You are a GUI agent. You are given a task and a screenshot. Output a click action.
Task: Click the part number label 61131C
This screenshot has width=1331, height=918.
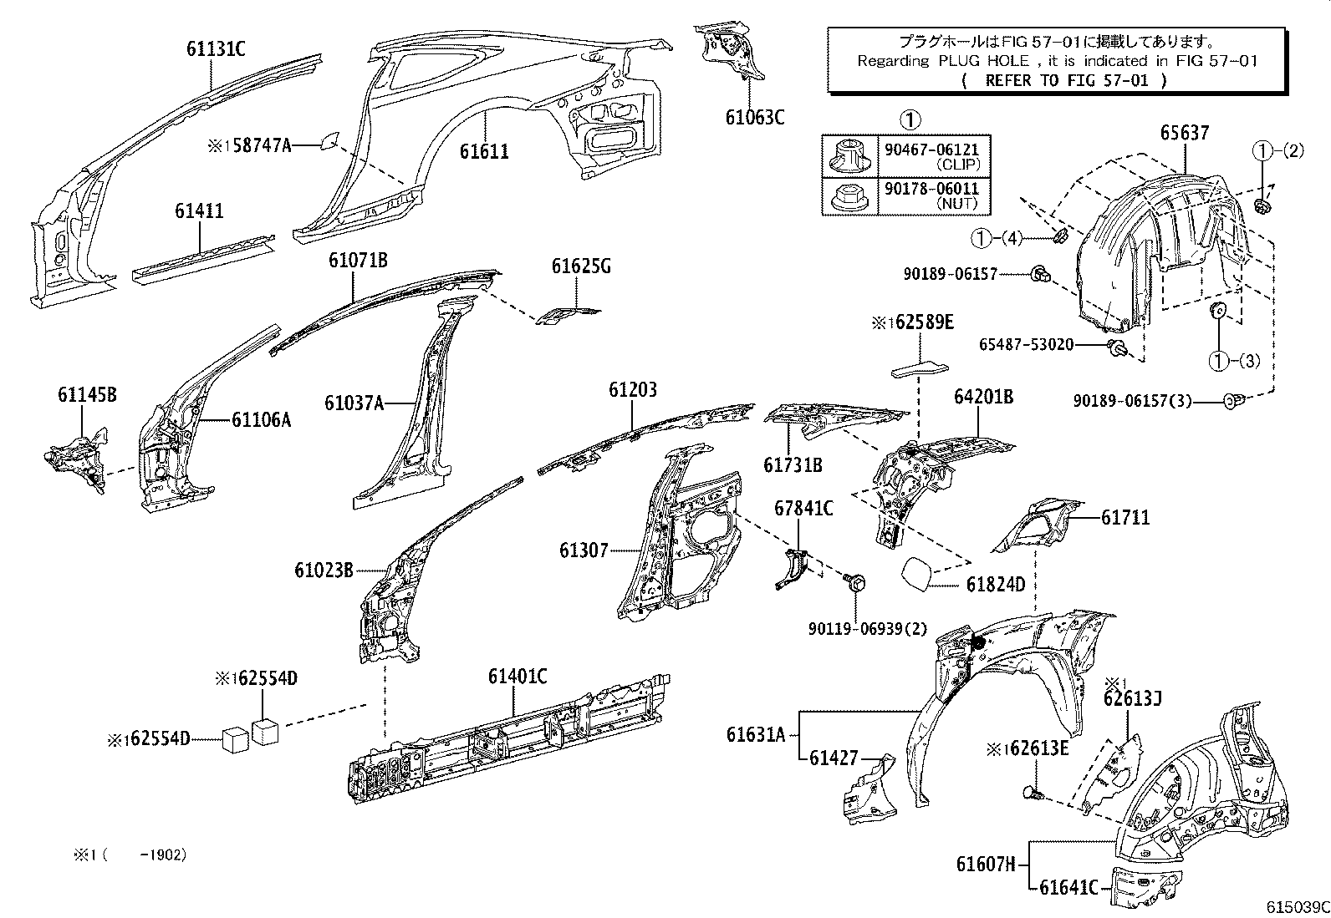click(x=216, y=48)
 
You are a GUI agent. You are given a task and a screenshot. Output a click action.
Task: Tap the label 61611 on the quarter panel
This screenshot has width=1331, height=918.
click(x=483, y=151)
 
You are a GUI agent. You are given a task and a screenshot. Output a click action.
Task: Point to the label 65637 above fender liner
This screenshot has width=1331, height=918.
click(x=1184, y=132)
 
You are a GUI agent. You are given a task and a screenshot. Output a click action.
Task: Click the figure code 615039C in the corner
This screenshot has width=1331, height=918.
click(x=1297, y=907)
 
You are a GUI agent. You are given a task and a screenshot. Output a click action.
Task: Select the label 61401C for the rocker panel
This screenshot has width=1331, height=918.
click(x=518, y=676)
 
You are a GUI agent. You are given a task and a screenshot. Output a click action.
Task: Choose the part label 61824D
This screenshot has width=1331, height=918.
click(x=995, y=584)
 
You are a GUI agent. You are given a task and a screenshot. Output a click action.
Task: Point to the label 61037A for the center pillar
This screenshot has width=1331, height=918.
click(x=354, y=404)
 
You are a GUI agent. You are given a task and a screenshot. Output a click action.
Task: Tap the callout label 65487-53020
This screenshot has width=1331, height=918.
click(x=1026, y=344)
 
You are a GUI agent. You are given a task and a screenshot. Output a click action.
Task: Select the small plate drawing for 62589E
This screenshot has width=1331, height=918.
click(x=918, y=368)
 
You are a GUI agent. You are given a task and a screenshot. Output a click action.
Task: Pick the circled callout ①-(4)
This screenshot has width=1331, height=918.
click(x=996, y=239)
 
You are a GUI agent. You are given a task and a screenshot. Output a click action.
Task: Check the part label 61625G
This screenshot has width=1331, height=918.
click(x=581, y=266)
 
